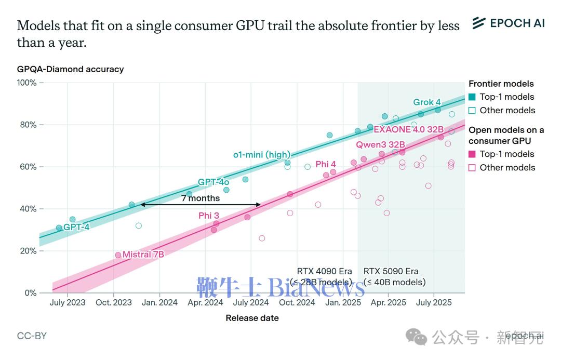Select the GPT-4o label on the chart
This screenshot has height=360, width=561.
[x=213, y=182]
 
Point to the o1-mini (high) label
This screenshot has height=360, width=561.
[x=261, y=154]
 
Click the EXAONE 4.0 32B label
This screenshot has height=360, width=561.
[x=409, y=129]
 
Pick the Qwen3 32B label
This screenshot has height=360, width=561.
[x=380, y=144]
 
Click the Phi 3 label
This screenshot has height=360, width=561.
[x=209, y=216]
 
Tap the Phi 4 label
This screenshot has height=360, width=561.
[x=326, y=164]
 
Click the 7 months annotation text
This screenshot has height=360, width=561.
[x=201, y=198]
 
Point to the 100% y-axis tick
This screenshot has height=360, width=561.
[x=26, y=83]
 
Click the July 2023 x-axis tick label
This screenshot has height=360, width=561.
[x=68, y=302]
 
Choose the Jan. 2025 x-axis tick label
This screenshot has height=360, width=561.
[x=343, y=302]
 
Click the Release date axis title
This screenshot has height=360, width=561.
[x=252, y=318]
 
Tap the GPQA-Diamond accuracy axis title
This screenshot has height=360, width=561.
[x=70, y=69]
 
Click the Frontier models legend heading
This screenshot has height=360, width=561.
[x=501, y=84]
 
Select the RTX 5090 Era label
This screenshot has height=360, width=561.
[x=391, y=271]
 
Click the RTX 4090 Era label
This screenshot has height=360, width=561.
[x=324, y=271]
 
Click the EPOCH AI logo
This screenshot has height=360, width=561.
[x=509, y=23]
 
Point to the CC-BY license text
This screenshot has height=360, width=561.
[x=32, y=336]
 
